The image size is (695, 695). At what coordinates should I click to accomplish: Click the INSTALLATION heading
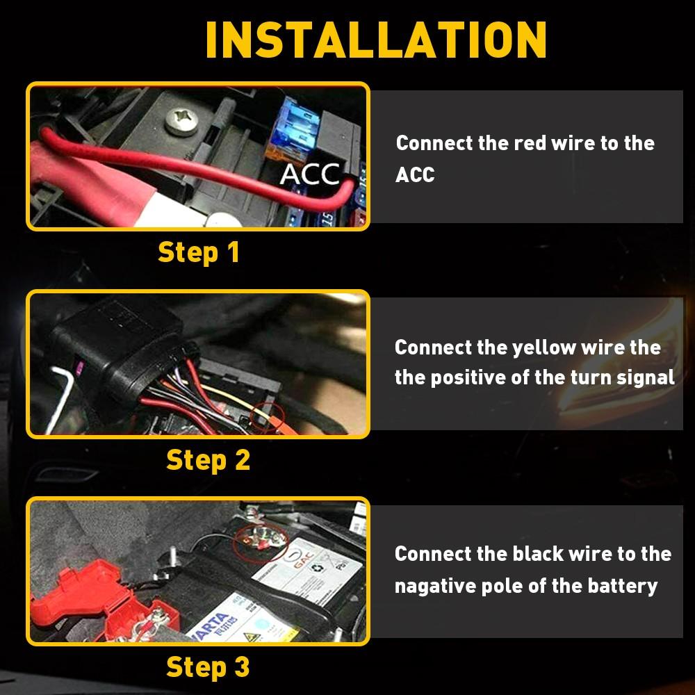tap(376, 40)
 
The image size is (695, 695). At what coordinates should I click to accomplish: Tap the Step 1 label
tap(199, 252)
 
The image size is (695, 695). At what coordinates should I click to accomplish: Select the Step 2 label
tap(208, 459)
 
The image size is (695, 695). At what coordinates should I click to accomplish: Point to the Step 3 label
tap(208, 667)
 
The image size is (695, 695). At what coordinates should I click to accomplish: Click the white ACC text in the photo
tap(310, 175)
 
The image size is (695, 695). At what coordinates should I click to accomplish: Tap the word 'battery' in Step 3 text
tap(622, 585)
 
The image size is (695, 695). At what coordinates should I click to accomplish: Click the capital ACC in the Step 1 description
tap(415, 175)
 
